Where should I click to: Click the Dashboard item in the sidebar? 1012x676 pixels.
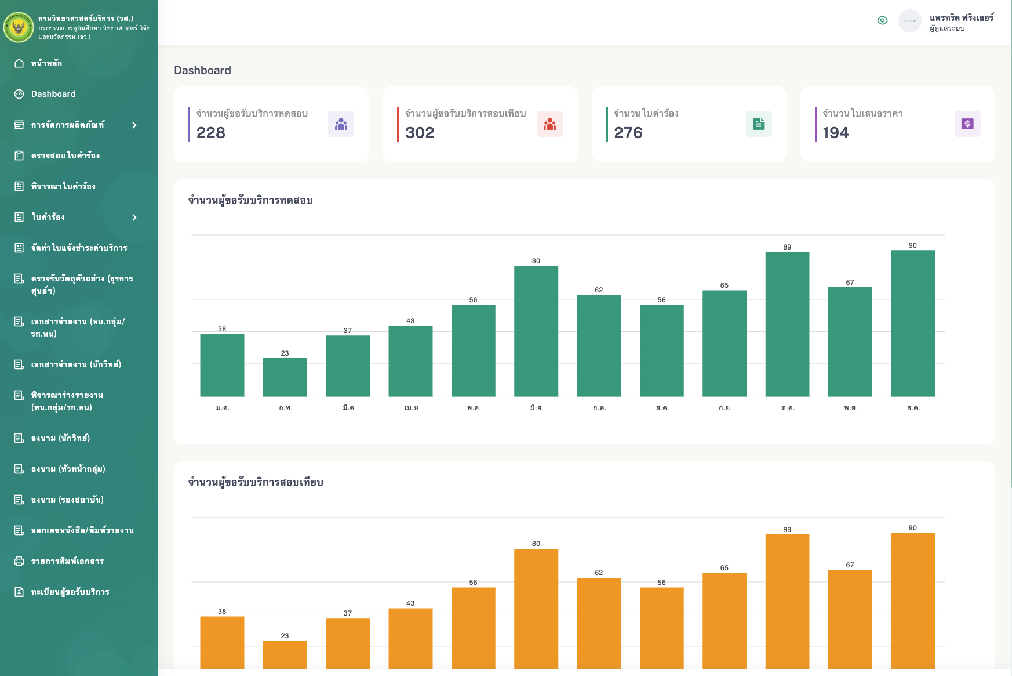click(x=53, y=94)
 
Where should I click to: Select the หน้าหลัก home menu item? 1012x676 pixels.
click(x=46, y=63)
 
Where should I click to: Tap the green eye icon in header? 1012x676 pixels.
click(x=882, y=20)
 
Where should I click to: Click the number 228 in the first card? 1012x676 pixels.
click(x=211, y=133)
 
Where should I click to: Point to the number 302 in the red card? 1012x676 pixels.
click(x=420, y=133)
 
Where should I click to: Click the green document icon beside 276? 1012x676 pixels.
click(x=758, y=124)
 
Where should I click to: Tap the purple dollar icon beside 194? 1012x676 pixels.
click(x=967, y=124)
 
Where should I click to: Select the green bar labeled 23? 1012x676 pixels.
click(x=285, y=377)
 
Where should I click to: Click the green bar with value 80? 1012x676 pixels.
click(x=536, y=331)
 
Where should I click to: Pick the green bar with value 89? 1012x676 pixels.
click(x=787, y=324)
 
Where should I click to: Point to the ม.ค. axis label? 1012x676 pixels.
click(x=223, y=408)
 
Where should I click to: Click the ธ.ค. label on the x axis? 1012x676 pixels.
click(x=913, y=408)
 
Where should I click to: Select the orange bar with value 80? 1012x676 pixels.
click(x=536, y=609)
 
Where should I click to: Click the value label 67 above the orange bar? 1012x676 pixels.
click(x=850, y=565)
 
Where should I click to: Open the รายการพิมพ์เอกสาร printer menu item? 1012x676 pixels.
click(x=67, y=561)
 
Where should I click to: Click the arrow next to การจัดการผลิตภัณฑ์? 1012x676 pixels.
click(x=134, y=125)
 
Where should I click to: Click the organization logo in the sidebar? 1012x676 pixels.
click(x=19, y=27)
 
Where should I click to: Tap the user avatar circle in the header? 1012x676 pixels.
click(x=909, y=21)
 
